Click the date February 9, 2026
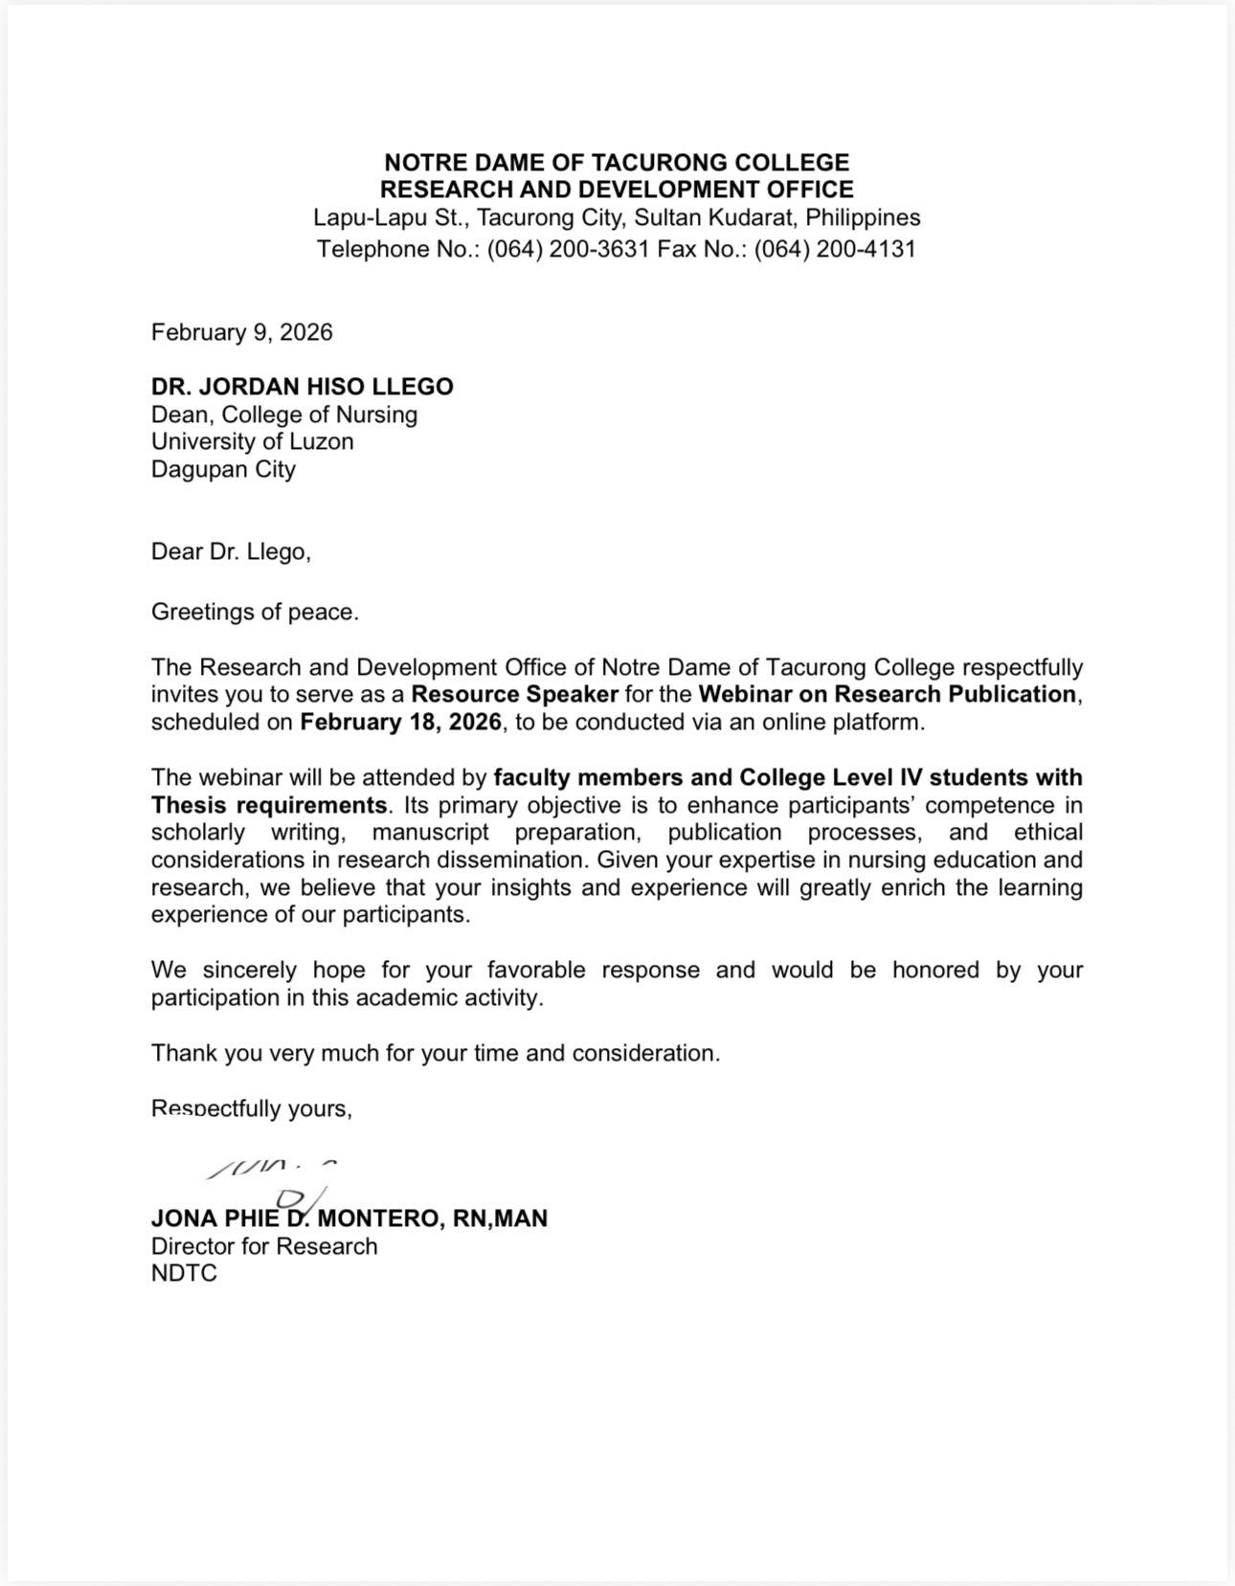(x=241, y=332)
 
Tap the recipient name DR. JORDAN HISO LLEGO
(x=302, y=387)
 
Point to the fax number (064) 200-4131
(x=834, y=249)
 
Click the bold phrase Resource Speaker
(x=514, y=694)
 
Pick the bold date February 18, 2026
(x=400, y=722)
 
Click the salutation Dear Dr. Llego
(x=231, y=551)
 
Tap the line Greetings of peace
(x=255, y=612)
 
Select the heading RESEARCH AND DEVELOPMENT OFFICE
(x=617, y=190)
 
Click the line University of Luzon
(x=252, y=441)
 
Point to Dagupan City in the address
(x=223, y=469)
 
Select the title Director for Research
(x=264, y=1246)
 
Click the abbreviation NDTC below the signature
(x=184, y=1273)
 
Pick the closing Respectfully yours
(x=252, y=1108)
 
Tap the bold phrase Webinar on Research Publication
(x=887, y=694)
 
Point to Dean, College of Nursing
(x=284, y=414)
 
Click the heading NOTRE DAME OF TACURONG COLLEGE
(x=617, y=163)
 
